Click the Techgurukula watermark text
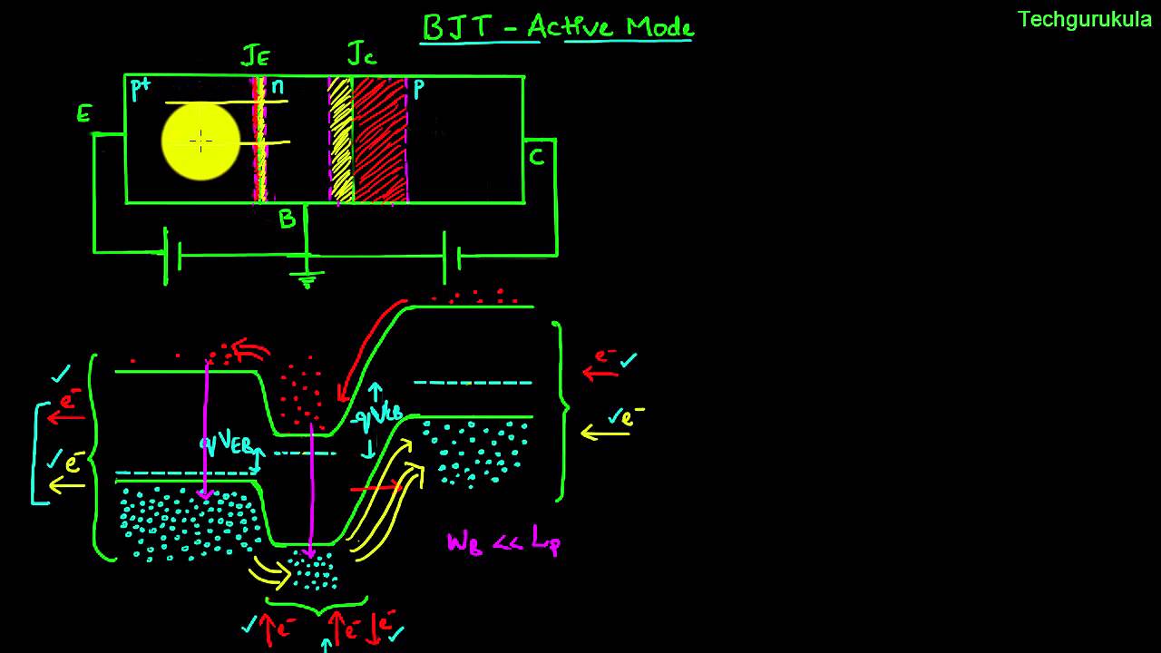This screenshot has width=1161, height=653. tap(1084, 20)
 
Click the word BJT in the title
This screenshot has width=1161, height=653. tap(458, 27)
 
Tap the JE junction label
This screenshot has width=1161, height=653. tap(255, 56)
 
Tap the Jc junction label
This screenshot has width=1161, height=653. tap(361, 54)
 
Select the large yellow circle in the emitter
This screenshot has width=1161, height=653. tap(200, 141)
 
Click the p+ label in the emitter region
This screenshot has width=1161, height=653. tap(141, 89)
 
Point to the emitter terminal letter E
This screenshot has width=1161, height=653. tap(84, 114)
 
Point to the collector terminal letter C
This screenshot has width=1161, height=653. tap(537, 158)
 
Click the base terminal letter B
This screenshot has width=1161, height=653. tap(287, 219)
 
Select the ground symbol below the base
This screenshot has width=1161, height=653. tap(307, 278)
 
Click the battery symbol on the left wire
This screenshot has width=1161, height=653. tap(172, 257)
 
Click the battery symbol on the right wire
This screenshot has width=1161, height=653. tap(451, 257)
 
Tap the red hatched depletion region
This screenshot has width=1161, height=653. tap(379, 141)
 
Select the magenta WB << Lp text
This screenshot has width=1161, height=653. tap(504, 542)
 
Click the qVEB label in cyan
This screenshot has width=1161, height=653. tap(226, 444)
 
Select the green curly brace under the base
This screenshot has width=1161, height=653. tap(317, 602)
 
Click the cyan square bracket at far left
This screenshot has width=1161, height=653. tap(37, 453)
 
